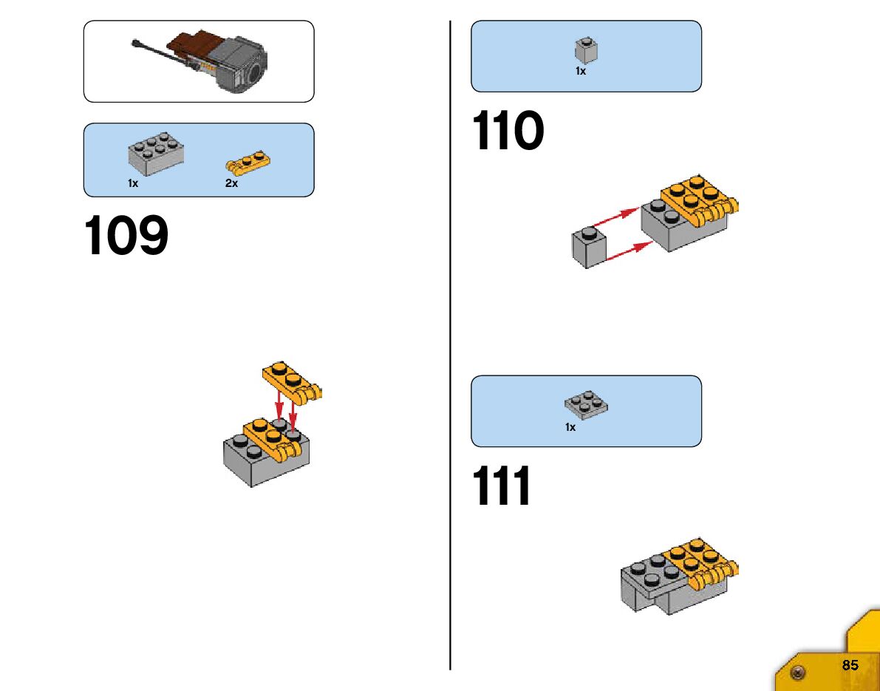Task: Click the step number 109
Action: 126,236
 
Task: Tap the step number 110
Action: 508,132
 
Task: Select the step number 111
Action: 502,487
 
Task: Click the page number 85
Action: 850,665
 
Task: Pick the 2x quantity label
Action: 231,183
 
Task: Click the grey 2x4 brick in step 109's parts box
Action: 156,152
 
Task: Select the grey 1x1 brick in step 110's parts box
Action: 586,50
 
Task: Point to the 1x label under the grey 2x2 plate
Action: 570,427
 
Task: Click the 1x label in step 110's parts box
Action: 581,72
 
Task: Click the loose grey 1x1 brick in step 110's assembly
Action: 588,247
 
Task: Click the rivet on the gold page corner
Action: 797,673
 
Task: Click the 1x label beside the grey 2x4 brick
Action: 133,183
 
